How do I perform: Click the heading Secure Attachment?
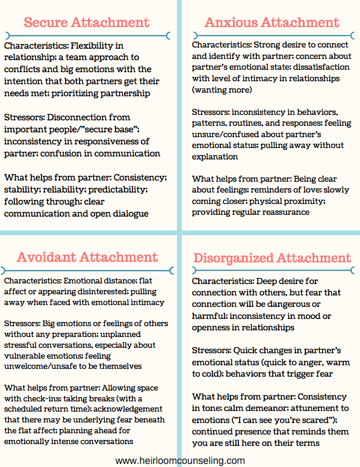point(86,23)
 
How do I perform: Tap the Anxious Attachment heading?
point(272,23)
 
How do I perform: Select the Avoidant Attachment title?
point(87,257)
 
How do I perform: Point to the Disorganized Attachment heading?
point(272,258)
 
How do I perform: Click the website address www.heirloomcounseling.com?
point(180,460)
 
